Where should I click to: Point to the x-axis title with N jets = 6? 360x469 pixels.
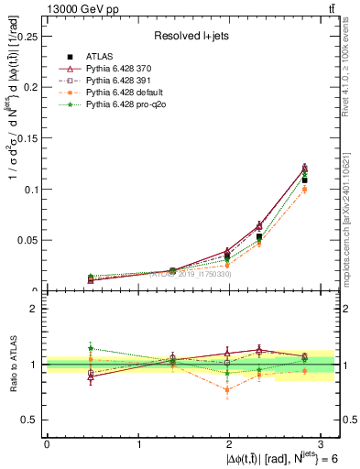(274, 458)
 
